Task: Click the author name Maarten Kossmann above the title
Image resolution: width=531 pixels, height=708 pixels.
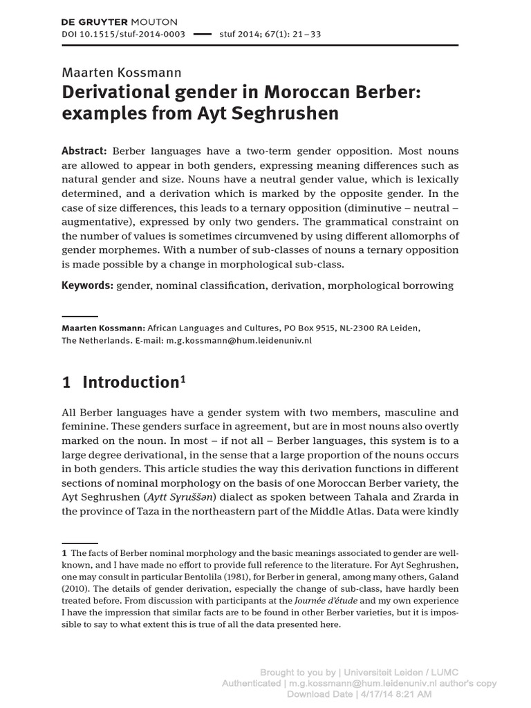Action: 122,73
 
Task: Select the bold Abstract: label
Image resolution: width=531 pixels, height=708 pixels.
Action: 84,151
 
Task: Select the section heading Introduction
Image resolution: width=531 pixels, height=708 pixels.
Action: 131,382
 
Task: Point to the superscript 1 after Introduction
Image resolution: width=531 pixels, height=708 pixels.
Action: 183,378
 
